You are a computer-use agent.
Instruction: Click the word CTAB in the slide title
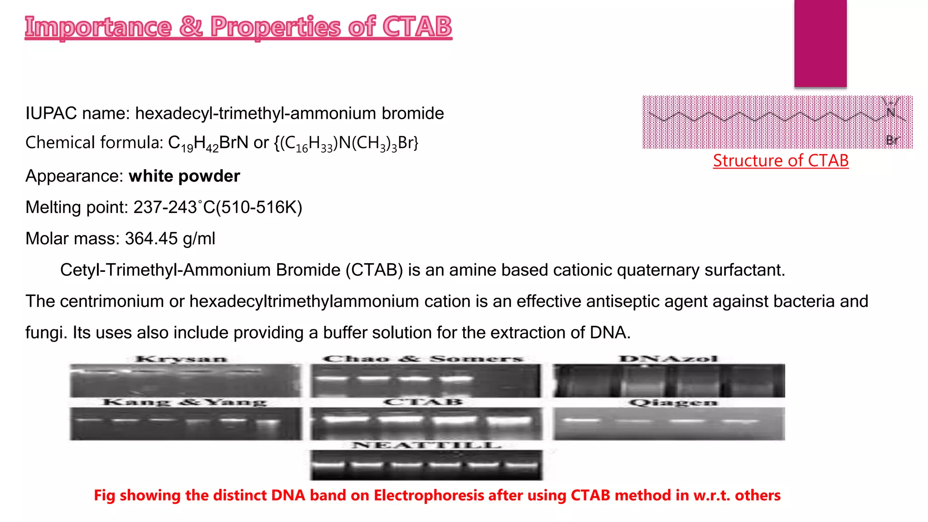(x=417, y=26)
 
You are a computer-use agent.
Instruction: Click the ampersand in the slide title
(x=191, y=26)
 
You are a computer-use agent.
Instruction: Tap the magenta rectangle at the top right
(x=820, y=43)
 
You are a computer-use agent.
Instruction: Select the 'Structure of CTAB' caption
(x=780, y=160)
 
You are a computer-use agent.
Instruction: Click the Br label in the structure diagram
(x=892, y=140)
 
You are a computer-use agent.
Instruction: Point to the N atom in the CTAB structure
(x=890, y=112)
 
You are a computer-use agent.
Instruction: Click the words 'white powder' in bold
(x=184, y=176)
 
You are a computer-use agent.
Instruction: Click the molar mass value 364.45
(x=151, y=239)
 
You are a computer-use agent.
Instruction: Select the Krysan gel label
(x=181, y=359)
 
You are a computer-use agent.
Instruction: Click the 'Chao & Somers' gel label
(x=423, y=359)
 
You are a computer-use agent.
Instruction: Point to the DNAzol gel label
(x=668, y=359)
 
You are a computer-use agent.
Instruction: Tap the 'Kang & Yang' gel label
(x=184, y=402)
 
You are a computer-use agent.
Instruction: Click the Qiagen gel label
(x=673, y=402)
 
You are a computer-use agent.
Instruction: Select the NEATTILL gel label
(x=426, y=445)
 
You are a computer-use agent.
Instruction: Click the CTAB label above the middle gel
(x=423, y=402)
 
